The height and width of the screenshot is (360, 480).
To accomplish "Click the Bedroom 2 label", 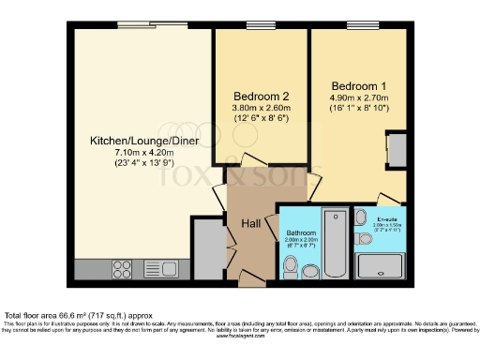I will (x=260, y=95).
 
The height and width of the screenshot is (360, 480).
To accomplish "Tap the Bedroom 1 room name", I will (x=352, y=82).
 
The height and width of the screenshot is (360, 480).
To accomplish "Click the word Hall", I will (x=251, y=224).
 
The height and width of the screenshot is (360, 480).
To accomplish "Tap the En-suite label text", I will (x=387, y=219).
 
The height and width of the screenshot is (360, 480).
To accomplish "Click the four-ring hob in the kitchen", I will (x=122, y=269).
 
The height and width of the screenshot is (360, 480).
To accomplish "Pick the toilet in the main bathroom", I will (x=292, y=269).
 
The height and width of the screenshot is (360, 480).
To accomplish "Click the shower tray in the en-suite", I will (x=380, y=264).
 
